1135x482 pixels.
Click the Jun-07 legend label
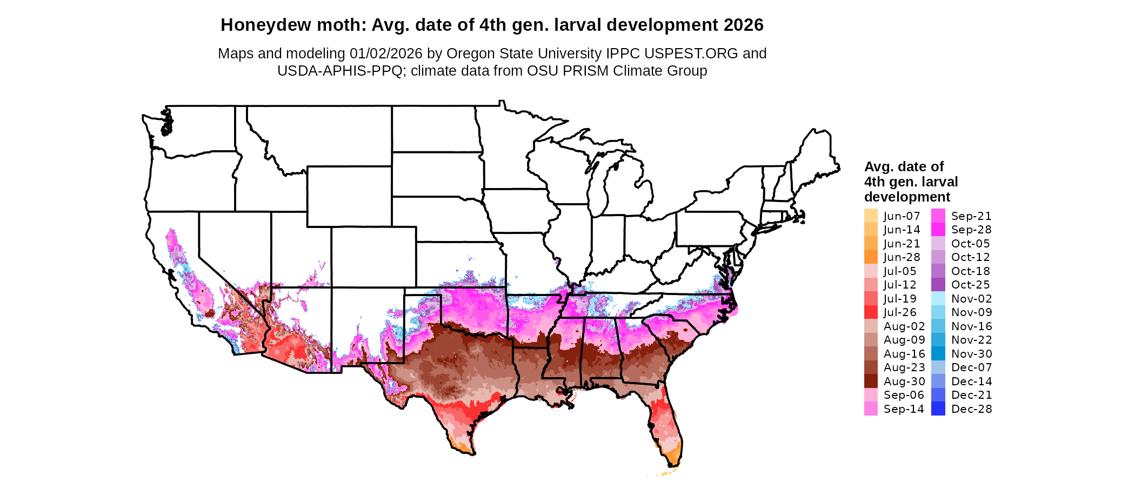(902, 216)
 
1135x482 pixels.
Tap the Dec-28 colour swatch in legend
(938, 409)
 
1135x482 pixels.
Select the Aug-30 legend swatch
(871, 381)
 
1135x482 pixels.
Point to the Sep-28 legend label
(971, 230)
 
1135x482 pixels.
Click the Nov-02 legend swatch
(938, 299)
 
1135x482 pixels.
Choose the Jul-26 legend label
(900, 312)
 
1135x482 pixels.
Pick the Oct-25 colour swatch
(938, 285)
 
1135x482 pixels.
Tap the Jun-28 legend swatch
(871, 257)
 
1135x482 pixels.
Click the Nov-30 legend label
(971, 354)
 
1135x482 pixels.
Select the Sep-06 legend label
(904, 395)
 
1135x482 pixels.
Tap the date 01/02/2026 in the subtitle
(386, 53)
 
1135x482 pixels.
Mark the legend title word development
(907, 197)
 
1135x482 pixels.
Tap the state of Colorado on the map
(373, 257)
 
